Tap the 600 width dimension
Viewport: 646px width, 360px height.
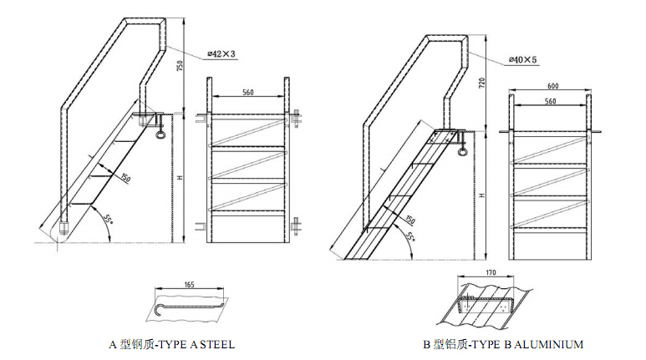point(552,86)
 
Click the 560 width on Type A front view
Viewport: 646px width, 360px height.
point(248,92)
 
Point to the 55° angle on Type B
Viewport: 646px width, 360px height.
point(409,236)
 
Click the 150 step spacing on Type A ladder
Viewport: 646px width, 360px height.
point(125,177)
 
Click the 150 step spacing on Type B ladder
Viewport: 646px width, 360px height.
point(409,219)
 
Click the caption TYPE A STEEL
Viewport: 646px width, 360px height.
point(172,343)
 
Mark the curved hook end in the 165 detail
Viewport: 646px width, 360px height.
point(153,312)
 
